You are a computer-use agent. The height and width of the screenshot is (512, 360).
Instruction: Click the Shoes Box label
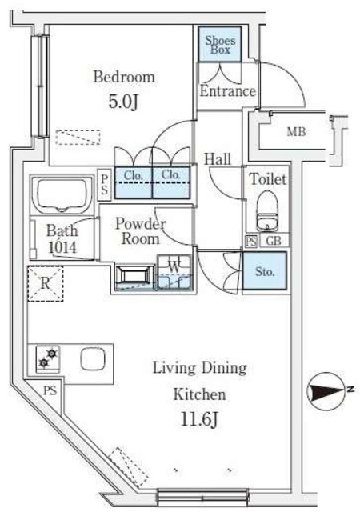coord(220,45)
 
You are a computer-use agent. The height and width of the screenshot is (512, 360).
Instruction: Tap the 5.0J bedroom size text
coord(123,102)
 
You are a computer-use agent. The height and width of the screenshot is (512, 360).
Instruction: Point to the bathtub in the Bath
coord(62,194)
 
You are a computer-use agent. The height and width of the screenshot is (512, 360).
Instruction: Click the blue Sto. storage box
coord(264,270)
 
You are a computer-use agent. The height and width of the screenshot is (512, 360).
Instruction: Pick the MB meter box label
coord(296,132)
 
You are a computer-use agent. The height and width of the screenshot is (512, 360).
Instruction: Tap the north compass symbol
coord(328,391)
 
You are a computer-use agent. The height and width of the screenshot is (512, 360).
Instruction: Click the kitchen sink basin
coord(93,359)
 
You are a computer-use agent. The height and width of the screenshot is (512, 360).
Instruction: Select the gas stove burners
coord(48,358)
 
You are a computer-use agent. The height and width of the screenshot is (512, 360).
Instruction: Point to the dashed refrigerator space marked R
coord(46,283)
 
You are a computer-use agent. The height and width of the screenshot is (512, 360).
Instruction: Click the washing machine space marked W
coord(174,272)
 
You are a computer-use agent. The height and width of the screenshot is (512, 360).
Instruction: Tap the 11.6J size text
coord(199,419)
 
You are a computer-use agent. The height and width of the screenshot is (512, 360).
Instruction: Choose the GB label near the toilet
coord(274,241)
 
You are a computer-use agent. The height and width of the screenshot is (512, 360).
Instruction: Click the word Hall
coord(218,159)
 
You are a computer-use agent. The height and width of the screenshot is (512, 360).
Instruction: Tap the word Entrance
coord(227,90)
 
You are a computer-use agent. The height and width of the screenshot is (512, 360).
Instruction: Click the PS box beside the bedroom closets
coord(105,184)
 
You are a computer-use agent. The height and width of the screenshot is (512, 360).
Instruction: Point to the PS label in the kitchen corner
coord(50,390)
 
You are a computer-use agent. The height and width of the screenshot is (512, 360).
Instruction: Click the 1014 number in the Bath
coord(62,247)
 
